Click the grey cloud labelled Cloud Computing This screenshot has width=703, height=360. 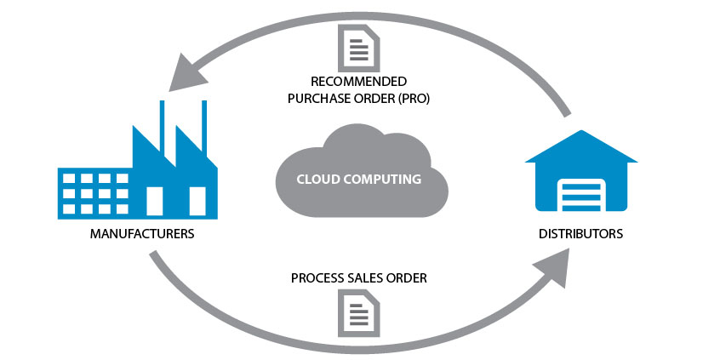(362, 173)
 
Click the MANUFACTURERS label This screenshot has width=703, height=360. (142, 233)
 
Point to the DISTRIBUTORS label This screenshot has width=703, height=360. (580, 233)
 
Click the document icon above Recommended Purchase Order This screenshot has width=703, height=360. (358, 48)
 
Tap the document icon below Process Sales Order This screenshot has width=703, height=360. (358, 313)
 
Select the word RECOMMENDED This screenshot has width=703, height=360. (358, 82)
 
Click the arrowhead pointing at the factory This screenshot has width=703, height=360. (187, 74)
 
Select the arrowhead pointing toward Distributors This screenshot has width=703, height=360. (554, 267)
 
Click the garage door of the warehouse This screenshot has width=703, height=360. (581, 195)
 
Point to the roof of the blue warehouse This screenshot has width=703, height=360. (581, 146)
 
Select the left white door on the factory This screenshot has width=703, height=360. (155, 201)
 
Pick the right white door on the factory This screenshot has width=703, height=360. (197, 201)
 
